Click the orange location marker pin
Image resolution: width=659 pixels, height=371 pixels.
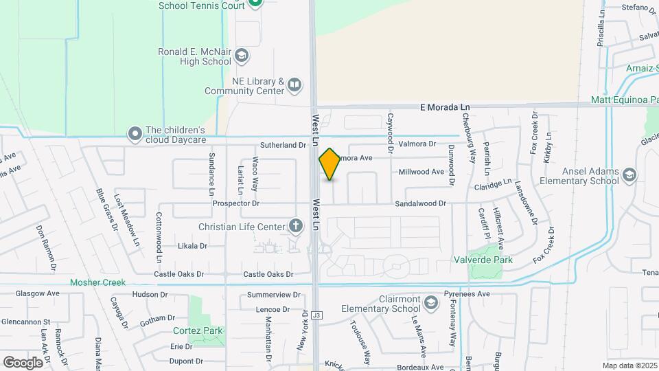329,164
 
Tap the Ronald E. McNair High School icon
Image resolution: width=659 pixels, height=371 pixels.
242,55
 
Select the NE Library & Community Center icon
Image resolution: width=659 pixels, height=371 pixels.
294,85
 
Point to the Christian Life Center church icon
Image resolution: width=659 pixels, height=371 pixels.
296,226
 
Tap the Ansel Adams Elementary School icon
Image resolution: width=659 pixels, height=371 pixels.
629,177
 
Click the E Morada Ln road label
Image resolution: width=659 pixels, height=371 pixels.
446,107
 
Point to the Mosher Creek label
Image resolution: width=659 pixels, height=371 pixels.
97,282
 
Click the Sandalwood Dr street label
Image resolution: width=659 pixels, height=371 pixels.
420,203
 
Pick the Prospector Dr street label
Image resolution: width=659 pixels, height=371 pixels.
236,203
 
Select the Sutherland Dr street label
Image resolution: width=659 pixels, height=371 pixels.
283,145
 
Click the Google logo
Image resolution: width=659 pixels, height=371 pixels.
23,361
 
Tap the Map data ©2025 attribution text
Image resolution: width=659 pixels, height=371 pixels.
628,366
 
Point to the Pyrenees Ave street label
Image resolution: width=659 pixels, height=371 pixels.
466,294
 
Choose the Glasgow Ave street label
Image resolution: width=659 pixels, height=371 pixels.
40,293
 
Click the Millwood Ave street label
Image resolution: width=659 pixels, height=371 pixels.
421,172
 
